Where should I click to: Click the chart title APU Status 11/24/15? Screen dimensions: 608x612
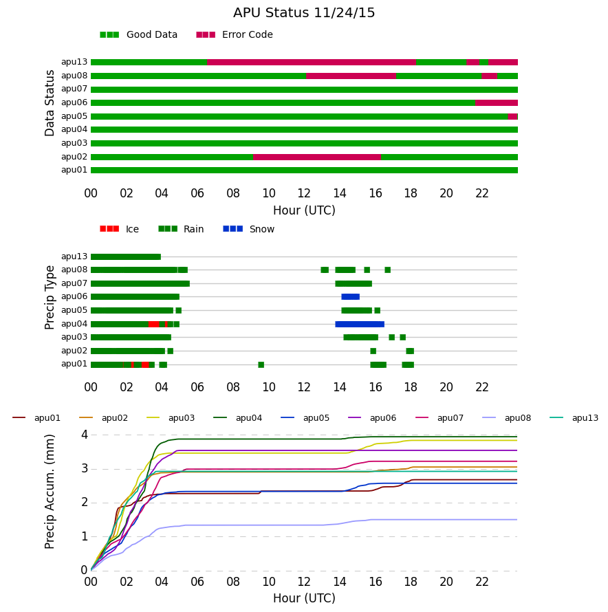pyautogui.click(x=304, y=13)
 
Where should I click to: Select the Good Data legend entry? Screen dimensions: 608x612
pyautogui.click(x=139, y=35)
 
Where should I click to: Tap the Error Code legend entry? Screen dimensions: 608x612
pyautogui.click(x=235, y=35)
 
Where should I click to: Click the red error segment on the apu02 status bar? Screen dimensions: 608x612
pyautogui.click(x=316, y=157)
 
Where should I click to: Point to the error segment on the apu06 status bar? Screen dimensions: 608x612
pyautogui.click(x=497, y=102)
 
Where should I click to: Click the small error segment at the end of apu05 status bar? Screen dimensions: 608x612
pyautogui.click(x=512, y=116)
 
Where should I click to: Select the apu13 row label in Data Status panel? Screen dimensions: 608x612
pyautogui.click(x=74, y=62)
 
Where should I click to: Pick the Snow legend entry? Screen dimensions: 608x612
pyautogui.click(x=248, y=229)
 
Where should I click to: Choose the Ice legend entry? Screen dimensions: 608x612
pyautogui.click(x=119, y=229)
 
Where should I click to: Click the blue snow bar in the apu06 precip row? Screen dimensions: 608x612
pyautogui.click(x=350, y=296)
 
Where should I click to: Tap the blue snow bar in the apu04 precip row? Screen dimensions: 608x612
pyautogui.click(x=360, y=324)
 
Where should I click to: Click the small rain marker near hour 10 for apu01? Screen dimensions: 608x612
pyautogui.click(x=261, y=364)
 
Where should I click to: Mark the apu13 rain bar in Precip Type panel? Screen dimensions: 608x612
pyautogui.click(x=126, y=256)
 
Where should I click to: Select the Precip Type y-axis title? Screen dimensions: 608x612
pyautogui.click(x=50, y=298)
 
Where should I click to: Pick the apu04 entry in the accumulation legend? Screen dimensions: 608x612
pyautogui.click(x=238, y=418)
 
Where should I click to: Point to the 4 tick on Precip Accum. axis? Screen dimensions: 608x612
pyautogui.click(x=85, y=435)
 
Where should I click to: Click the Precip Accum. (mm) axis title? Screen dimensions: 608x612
pyautogui.click(x=50, y=492)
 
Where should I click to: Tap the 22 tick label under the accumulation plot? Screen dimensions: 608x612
pyautogui.click(x=482, y=582)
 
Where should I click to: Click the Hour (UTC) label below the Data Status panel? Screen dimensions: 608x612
pyautogui.click(x=304, y=210)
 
